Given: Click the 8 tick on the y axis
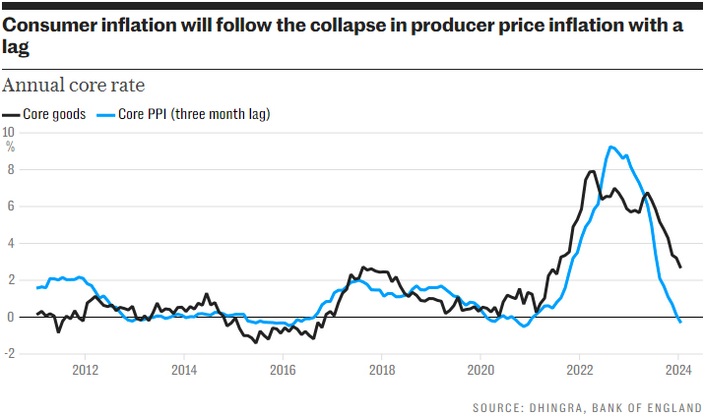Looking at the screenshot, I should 10,168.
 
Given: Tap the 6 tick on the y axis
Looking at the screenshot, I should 10,206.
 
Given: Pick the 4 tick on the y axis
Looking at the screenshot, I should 10,243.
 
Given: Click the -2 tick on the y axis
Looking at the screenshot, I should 9,354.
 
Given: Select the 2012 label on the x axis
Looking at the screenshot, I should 85,371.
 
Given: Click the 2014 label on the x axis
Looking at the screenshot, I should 183,371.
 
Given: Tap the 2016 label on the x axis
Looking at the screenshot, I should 283,371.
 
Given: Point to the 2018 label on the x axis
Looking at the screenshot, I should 382,371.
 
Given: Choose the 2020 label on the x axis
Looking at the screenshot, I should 480,371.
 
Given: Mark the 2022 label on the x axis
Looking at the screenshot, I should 579,371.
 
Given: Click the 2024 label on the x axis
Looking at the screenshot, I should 678,371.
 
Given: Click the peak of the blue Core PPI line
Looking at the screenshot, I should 611,147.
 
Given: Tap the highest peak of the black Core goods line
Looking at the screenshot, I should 591,171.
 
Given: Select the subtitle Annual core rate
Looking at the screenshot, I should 74,85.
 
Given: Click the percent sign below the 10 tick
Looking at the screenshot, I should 11,146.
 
